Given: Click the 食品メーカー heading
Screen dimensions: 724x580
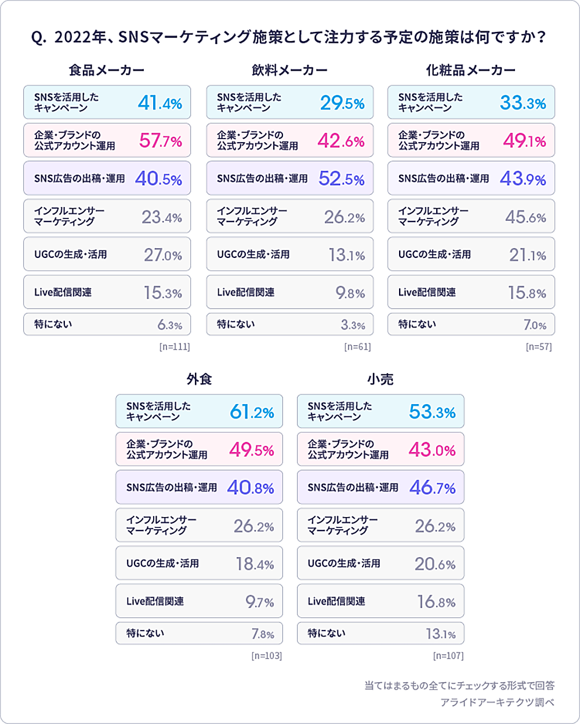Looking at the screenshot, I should coord(107,71).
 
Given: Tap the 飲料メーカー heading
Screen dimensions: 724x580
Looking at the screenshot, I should coord(289,71).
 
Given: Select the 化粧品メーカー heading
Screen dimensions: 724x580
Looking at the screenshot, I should coord(470,71).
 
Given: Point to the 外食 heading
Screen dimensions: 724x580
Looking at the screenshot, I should coord(199,380).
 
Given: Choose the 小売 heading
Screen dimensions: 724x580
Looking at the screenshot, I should coord(380,380).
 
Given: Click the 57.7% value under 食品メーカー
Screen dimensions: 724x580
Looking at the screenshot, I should coord(161,141).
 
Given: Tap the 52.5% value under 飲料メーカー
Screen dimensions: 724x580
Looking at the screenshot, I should coord(342,179).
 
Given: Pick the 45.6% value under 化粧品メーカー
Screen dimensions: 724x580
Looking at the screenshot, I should coord(525,217).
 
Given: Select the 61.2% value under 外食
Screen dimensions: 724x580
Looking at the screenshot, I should coord(252,412).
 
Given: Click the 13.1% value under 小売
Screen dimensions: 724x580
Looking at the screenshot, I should coord(441,634).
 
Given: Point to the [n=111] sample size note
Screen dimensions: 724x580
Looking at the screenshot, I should coord(175,347).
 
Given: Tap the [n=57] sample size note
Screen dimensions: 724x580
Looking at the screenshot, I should coord(539,347).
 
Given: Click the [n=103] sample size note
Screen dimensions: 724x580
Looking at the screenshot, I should coord(267,656).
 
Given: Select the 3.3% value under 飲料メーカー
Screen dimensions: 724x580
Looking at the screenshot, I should coord(353,325).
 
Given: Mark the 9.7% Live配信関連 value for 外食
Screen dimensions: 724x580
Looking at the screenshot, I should coord(259,602).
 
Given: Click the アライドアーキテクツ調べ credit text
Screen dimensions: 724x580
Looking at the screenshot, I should coord(497,703).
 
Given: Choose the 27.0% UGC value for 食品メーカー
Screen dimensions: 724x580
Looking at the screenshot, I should coord(163,255).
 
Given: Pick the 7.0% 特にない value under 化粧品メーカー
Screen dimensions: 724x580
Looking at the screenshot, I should coord(535,325).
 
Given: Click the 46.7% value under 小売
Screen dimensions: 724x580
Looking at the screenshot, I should coord(432,488).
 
